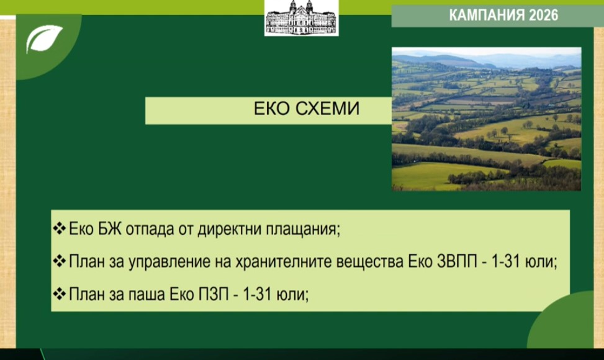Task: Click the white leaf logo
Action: tap(43, 38)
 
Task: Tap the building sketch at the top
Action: tap(301, 18)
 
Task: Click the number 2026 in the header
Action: tap(543, 15)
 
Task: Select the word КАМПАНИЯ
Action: tap(487, 15)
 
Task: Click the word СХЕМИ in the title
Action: tap(327, 109)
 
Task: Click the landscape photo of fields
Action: tap(487, 119)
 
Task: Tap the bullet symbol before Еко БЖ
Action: tap(60, 228)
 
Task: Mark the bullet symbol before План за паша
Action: tap(60, 294)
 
